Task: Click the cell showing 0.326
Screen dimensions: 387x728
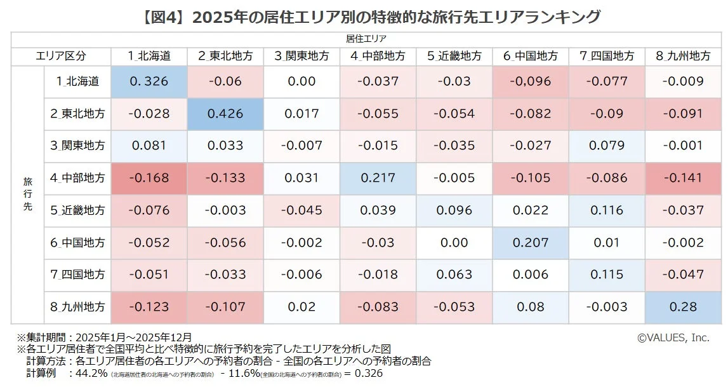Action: [149, 81]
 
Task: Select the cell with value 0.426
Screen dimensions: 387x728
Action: [225, 114]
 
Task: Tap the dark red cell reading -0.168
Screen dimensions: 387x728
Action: [149, 179]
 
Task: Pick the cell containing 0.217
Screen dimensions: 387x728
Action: [378, 179]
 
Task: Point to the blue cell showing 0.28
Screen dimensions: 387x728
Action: [683, 307]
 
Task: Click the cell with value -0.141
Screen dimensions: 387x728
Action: [683, 179]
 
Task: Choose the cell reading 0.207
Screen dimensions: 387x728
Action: [530, 243]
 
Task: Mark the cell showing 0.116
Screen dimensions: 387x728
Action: [606, 210]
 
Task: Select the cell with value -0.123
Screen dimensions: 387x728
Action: [149, 307]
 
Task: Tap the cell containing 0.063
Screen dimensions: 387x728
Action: [454, 275]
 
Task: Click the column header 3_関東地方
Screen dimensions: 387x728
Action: [301, 56]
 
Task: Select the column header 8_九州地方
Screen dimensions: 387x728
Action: [683, 56]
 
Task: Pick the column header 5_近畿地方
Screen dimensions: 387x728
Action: [454, 56]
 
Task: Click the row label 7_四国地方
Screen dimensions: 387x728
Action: [77, 275]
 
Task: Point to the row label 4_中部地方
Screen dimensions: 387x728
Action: [77, 179]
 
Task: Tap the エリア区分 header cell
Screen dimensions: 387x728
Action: [62, 56]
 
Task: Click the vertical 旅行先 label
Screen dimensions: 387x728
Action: [27, 194]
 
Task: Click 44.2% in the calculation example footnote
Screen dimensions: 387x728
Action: [91, 373]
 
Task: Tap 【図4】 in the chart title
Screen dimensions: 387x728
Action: [162, 17]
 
